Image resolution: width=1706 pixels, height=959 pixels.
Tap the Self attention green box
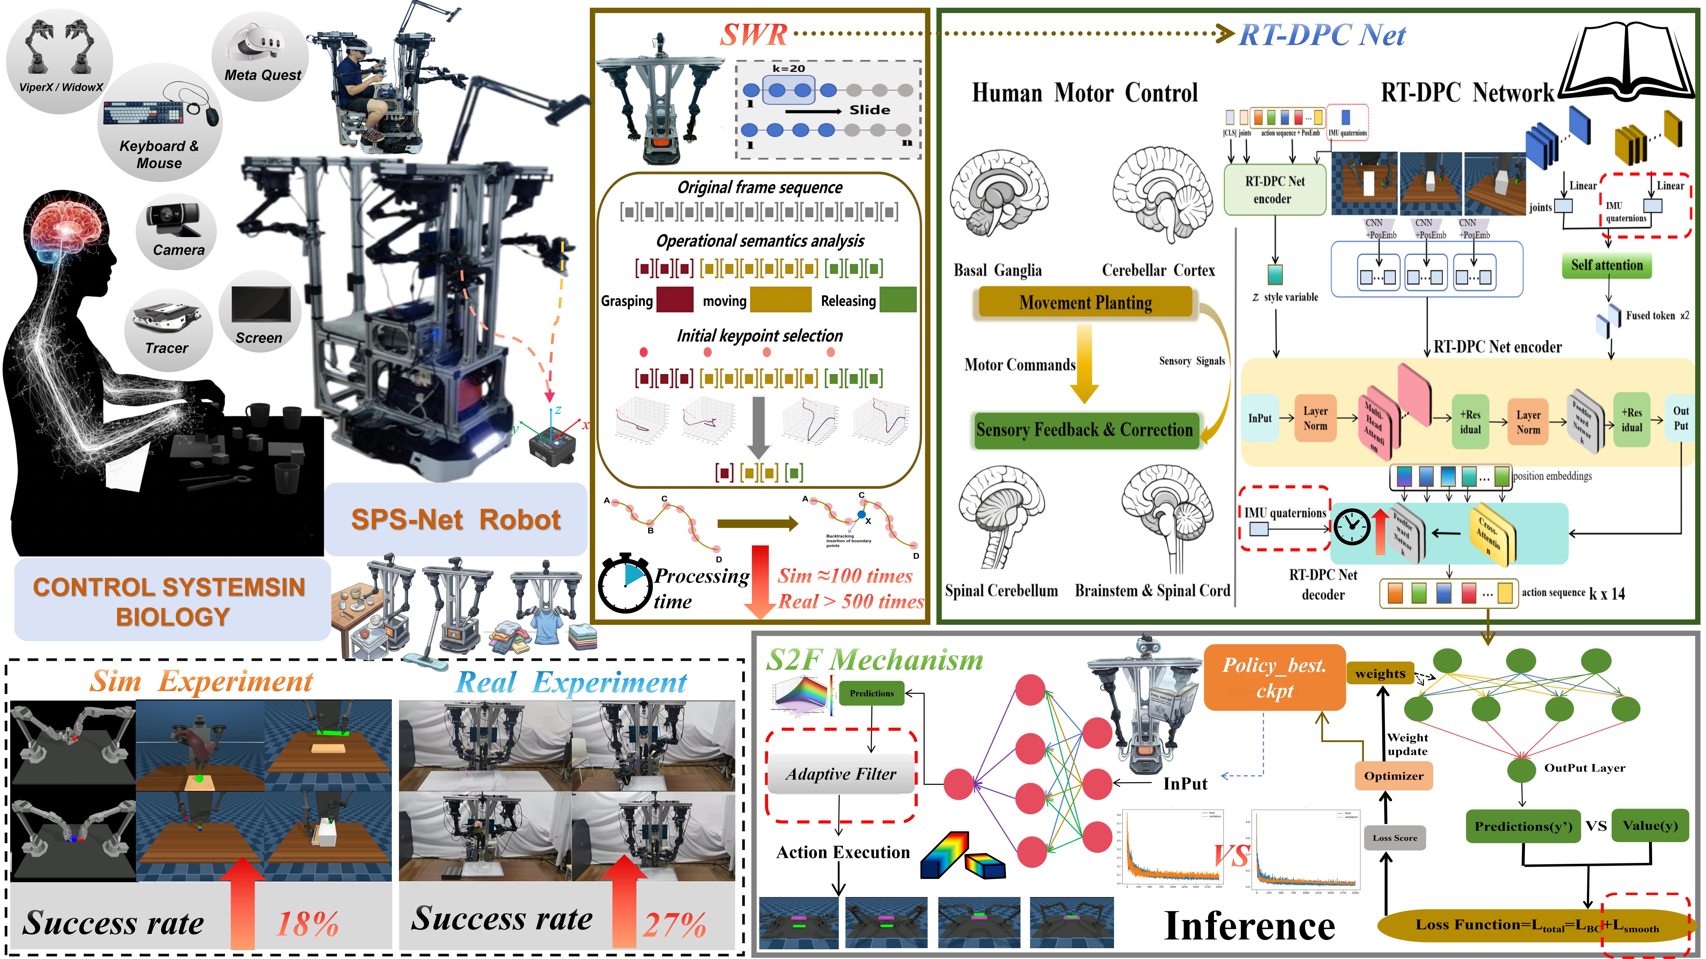point(1607,266)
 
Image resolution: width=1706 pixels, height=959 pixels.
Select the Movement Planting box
point(1085,303)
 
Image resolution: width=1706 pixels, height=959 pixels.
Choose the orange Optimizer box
point(1393,776)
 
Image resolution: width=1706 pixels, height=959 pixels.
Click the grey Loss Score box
point(1395,838)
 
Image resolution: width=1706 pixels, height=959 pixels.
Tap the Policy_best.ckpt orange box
point(1274,678)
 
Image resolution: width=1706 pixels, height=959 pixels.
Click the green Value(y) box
point(1650,825)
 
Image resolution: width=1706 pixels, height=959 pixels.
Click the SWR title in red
point(754,34)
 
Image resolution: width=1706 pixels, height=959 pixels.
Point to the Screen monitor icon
point(260,305)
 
